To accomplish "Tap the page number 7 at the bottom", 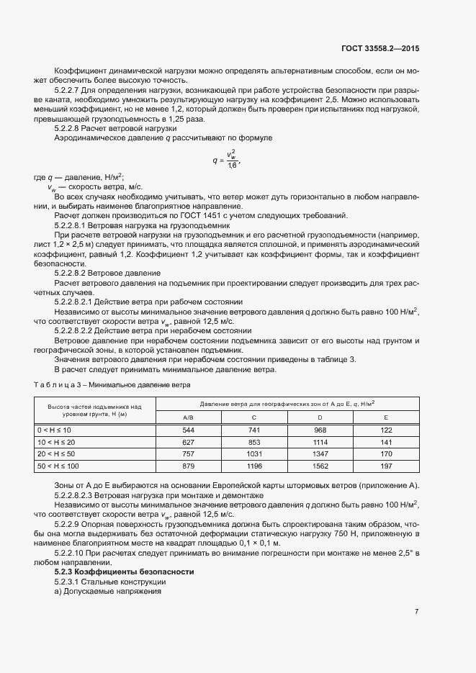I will pos(417,611).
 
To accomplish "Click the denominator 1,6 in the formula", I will pos(232,165).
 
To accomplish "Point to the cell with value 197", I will pos(386,466).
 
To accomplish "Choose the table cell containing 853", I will pos(254,442).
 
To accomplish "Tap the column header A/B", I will pos(189,417).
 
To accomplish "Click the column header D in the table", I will pos(320,417).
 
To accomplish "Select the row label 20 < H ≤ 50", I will pos(56,454).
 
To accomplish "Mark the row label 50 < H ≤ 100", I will pos(58,466).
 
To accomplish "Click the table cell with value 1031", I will pos(254,454).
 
